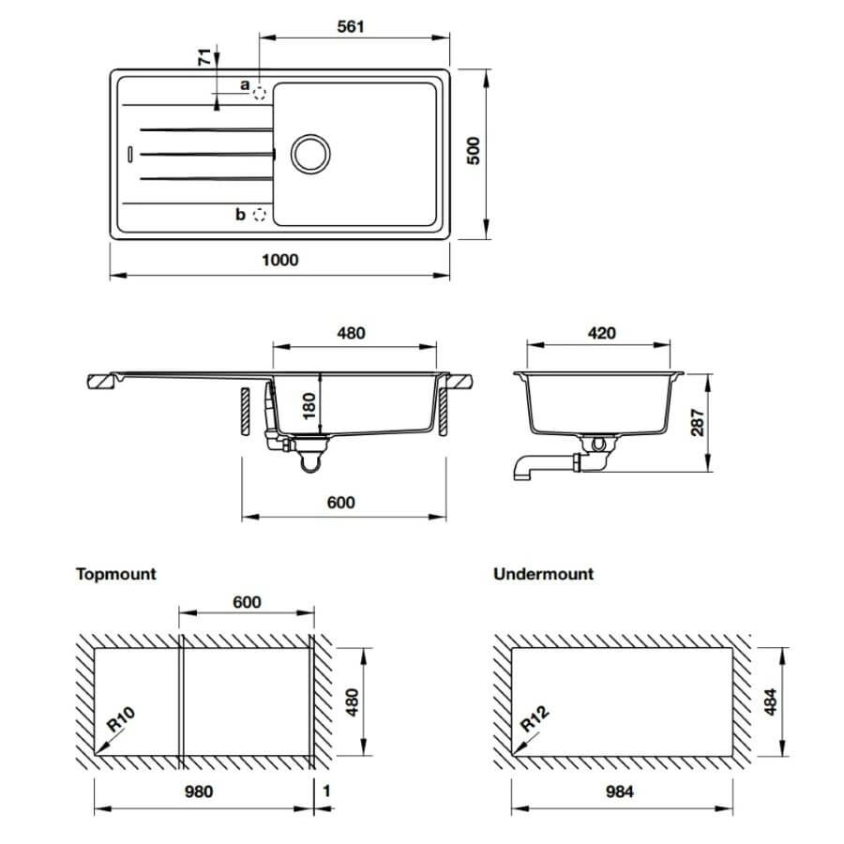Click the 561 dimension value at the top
pyautogui.click(x=351, y=26)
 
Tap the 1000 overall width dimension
pyautogui.click(x=279, y=260)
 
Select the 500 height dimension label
pyautogui.click(x=474, y=151)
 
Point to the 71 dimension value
pyautogui.click(x=204, y=56)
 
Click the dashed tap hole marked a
pyautogui.click(x=260, y=93)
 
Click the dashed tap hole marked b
pyautogui.click(x=260, y=215)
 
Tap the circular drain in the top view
pyautogui.click(x=310, y=154)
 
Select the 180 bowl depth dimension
pyautogui.click(x=309, y=406)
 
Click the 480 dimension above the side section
pyautogui.click(x=351, y=333)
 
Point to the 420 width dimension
pyautogui.click(x=601, y=333)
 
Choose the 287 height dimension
pyautogui.click(x=698, y=422)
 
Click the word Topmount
pyautogui.click(x=115, y=574)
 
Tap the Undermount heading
pyautogui.click(x=544, y=574)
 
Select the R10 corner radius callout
pyautogui.click(x=121, y=719)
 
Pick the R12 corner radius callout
pyautogui.click(x=535, y=718)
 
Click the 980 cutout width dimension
pyautogui.click(x=199, y=791)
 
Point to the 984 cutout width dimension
pyautogui.click(x=620, y=791)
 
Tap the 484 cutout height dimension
pyautogui.click(x=771, y=701)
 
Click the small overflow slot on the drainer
pyautogui.click(x=129, y=154)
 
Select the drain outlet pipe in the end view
pyautogui.click(x=544, y=465)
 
